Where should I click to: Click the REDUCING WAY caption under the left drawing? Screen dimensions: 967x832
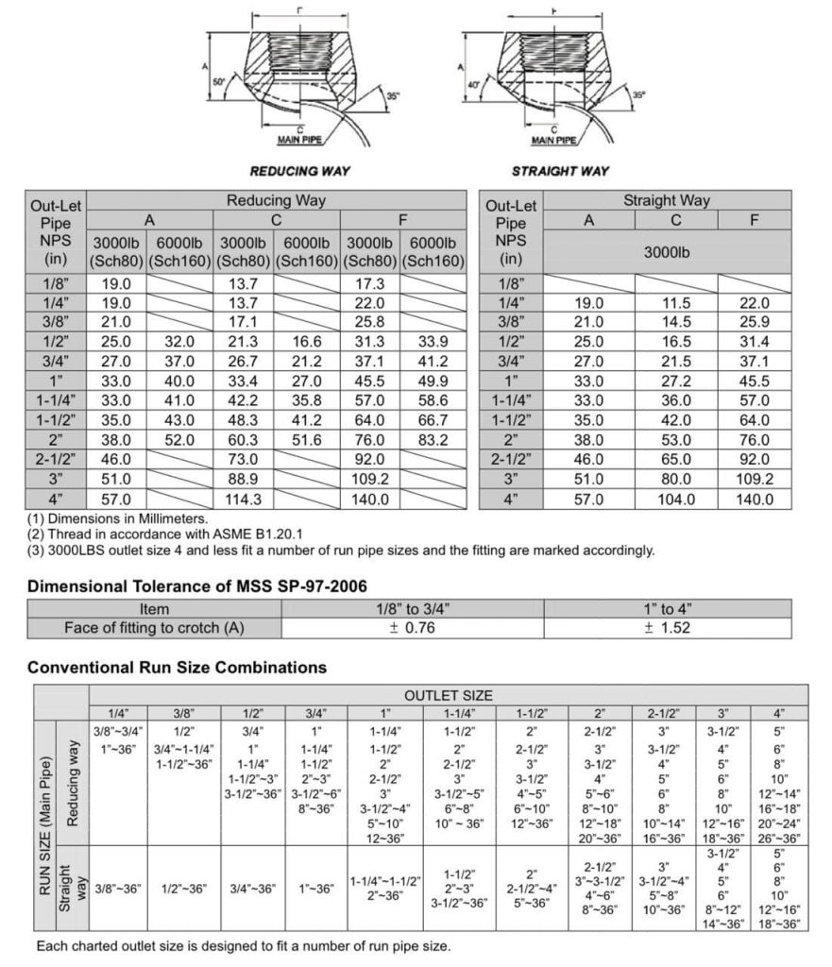[299, 171]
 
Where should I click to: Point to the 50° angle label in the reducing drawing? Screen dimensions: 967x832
[219, 83]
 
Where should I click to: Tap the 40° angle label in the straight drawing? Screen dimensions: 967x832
[474, 85]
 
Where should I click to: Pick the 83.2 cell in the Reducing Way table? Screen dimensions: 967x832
[432, 439]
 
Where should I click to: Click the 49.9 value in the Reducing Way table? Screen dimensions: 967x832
[432, 381]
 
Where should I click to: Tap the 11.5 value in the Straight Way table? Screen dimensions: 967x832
[675, 303]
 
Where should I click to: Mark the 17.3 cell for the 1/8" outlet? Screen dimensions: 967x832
[368, 283]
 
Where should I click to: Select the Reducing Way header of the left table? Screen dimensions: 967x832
[276, 200]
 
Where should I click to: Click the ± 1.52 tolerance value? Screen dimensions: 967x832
[674, 628]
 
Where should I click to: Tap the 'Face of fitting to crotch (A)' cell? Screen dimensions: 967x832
[154, 628]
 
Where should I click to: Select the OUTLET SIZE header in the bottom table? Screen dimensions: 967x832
[448, 695]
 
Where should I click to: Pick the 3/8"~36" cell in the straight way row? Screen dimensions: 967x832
[119, 889]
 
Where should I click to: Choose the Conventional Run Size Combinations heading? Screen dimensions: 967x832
[177, 667]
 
